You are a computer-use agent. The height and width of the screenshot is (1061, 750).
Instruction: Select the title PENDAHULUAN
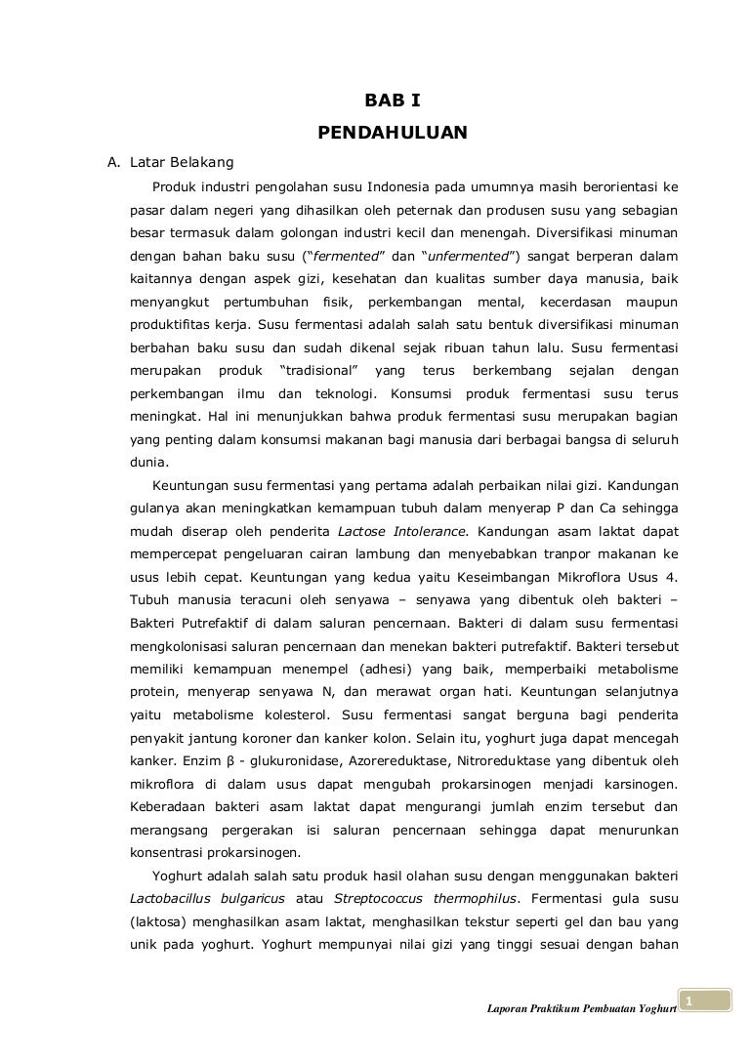pos(393,131)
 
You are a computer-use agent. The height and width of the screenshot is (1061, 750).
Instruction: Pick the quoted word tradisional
pos(318,370)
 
